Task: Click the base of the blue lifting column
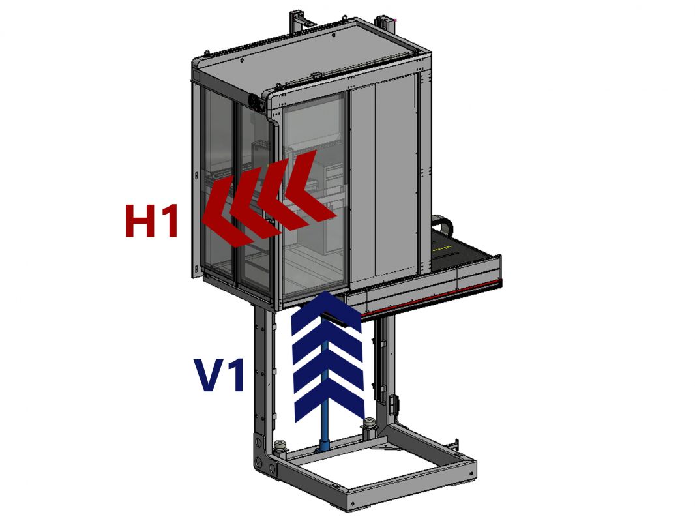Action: [323, 449]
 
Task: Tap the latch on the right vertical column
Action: [393, 404]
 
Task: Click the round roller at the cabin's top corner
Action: [250, 101]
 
